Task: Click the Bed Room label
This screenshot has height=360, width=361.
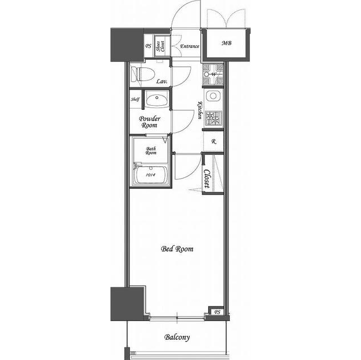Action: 177,249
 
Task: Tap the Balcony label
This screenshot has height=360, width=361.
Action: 177,337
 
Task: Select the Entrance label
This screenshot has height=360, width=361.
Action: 189,46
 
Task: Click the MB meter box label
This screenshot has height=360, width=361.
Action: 226,43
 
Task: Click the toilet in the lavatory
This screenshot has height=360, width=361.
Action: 142,74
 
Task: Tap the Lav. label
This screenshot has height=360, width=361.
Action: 162,81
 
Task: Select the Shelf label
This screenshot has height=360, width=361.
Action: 135,100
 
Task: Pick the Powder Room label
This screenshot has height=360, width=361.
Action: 149,122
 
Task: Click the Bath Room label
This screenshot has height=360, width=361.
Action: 151,151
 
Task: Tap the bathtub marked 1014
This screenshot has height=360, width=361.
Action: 151,174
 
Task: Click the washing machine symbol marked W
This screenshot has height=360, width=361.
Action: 213,74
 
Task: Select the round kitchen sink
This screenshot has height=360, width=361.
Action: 213,96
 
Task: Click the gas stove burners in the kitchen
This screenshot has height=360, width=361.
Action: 213,118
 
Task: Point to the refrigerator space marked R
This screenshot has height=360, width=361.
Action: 213,142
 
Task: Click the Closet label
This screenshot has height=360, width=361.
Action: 207,179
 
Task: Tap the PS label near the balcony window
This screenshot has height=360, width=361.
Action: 217,312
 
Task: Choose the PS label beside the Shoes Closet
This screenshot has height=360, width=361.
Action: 148,46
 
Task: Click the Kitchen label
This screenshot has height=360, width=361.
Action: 200,110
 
